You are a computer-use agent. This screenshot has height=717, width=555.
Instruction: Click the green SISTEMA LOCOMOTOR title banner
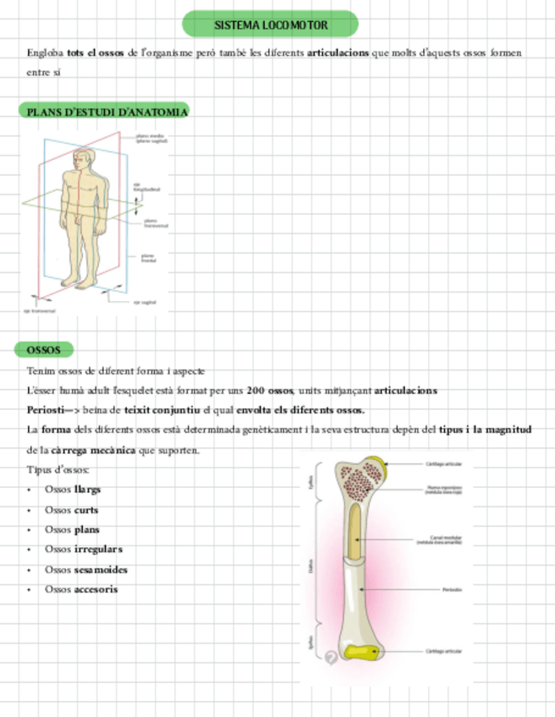click(x=270, y=25)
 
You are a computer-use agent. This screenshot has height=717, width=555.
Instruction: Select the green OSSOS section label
click(x=43, y=349)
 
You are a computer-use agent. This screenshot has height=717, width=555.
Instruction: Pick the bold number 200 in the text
click(x=258, y=391)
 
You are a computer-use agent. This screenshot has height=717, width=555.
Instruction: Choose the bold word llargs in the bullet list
click(x=87, y=490)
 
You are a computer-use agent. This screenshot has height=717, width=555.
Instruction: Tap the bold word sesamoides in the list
click(x=101, y=569)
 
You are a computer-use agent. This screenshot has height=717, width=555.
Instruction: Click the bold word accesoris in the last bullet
click(x=96, y=589)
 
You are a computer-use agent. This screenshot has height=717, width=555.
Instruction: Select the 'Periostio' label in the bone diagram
click(x=451, y=589)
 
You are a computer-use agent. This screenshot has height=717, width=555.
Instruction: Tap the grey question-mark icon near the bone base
click(x=331, y=659)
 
